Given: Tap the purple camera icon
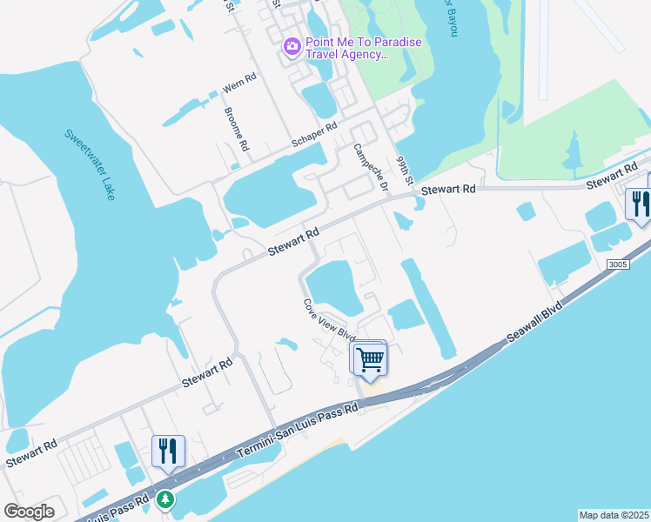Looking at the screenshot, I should pos(292,46).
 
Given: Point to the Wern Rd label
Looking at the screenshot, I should pos(239,84).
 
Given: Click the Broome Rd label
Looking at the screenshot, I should pos(236,130).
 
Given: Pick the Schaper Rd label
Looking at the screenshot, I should pos(314,135).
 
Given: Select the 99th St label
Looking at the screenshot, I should pos(402,171).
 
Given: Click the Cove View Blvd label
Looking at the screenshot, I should pos(330,320).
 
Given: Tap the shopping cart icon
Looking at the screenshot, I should pos(370,358).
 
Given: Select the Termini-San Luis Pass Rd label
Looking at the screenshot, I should pos(298,432).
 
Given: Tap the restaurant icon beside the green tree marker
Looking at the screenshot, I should pos(168,451).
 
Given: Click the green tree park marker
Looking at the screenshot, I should pos(165,499).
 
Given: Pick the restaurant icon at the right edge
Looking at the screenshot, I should pos(639,204).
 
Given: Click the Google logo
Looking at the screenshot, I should pos(29,512).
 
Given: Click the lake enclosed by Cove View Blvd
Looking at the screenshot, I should pos(336,287).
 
